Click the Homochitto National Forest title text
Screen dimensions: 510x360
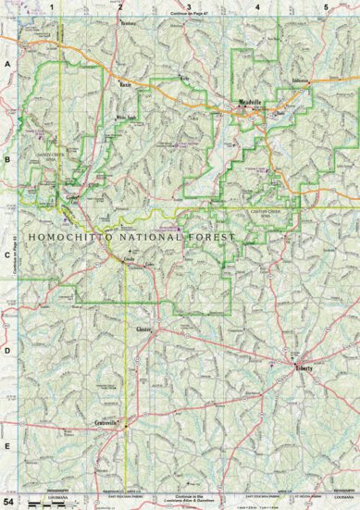133,238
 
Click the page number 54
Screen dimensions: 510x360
9,500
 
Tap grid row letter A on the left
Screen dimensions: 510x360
7,63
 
